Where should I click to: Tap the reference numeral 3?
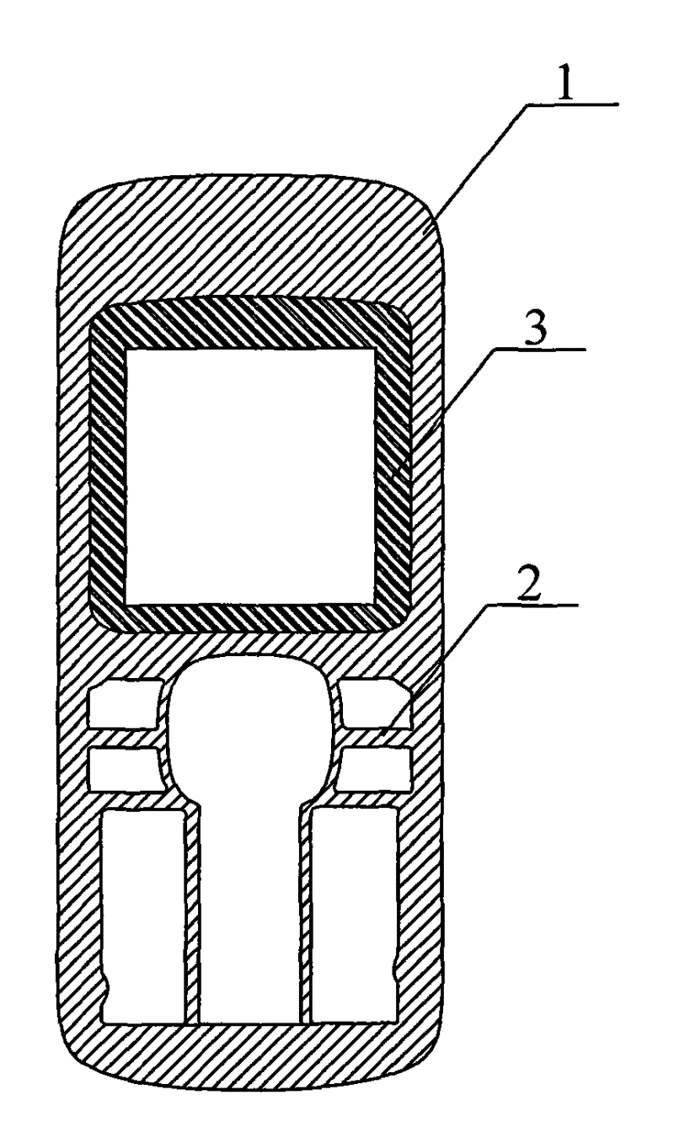pyautogui.click(x=538, y=326)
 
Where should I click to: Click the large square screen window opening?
pyautogui.click(x=251, y=475)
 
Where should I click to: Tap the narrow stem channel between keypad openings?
pyautogui.click(x=251, y=905)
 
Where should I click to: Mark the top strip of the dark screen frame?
pyautogui.click(x=251, y=323)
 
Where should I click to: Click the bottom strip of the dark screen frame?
pyautogui.click(x=251, y=618)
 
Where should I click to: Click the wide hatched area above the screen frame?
pyautogui.click(x=252, y=242)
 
